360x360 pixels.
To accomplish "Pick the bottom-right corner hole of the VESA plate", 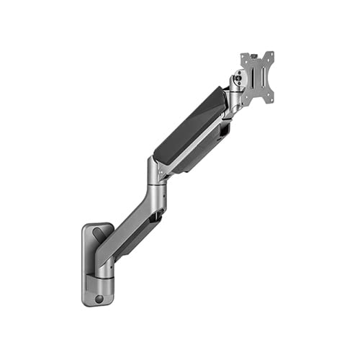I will (271, 99).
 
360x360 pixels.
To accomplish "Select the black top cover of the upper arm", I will (189, 124).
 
